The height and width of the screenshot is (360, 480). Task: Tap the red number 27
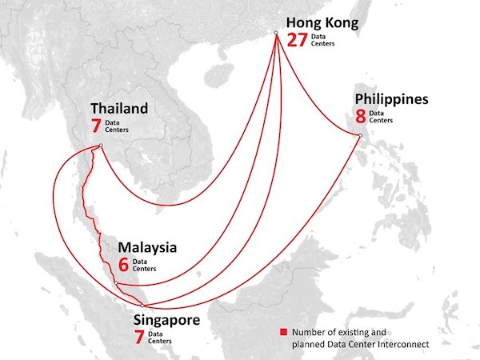[x=297, y=40]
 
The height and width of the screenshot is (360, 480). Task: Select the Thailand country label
[x=119, y=108]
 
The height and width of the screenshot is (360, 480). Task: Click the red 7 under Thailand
[x=98, y=125]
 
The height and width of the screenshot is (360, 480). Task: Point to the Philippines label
[x=392, y=100]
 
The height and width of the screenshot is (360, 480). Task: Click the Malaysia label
[x=147, y=247]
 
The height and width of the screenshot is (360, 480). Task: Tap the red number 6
[x=123, y=265]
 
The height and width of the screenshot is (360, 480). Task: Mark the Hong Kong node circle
[x=275, y=33]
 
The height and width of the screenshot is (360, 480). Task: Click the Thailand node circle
[x=101, y=146]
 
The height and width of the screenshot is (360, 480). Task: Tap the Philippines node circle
[x=361, y=135]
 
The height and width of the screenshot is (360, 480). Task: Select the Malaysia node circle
[x=116, y=283]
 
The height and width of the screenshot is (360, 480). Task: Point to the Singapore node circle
[x=142, y=306]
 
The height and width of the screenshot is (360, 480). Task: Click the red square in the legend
[x=282, y=332]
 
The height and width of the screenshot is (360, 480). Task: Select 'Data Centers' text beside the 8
[x=382, y=117]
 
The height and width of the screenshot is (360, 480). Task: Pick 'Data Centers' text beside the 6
[x=141, y=265]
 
